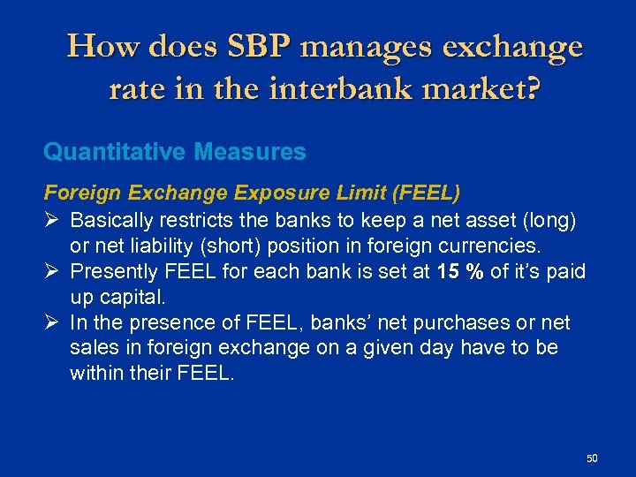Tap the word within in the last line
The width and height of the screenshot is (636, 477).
(x=96, y=375)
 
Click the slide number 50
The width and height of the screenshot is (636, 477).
(x=592, y=458)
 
